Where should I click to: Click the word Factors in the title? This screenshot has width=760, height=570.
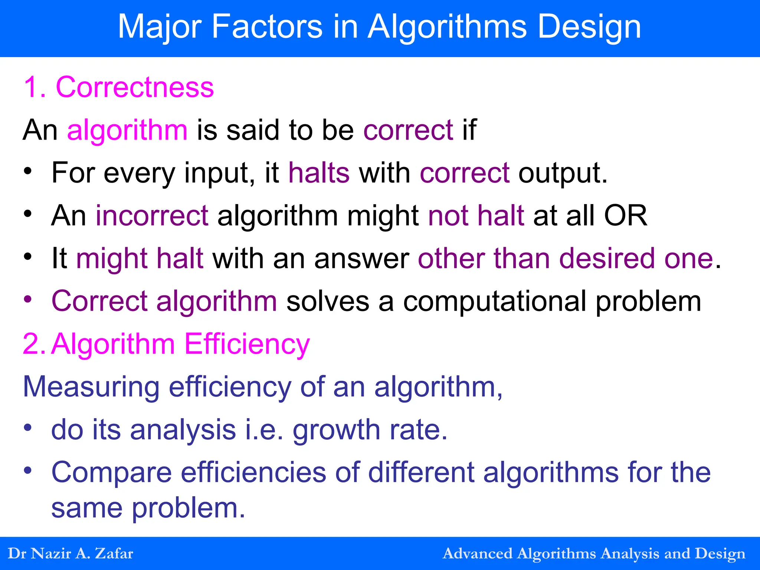click(267, 27)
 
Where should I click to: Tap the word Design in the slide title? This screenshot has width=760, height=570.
click(589, 27)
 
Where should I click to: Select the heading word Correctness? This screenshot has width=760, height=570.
click(135, 87)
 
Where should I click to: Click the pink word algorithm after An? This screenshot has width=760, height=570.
click(127, 130)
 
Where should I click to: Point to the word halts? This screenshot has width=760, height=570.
click(319, 173)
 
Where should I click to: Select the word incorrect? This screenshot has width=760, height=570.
click(152, 216)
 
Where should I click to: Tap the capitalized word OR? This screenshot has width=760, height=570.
click(626, 216)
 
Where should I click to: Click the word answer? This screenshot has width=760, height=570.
click(361, 258)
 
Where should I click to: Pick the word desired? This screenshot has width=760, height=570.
click(607, 258)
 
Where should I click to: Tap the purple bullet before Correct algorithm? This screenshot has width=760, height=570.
click(28, 299)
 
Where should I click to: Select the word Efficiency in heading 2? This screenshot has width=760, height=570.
click(247, 344)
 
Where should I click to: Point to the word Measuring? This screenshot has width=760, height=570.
click(91, 387)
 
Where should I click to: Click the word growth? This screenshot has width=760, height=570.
click(336, 430)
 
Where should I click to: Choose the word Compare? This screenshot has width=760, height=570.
click(111, 472)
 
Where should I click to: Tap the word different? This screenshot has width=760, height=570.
click(421, 472)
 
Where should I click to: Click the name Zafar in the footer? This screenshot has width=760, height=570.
click(114, 553)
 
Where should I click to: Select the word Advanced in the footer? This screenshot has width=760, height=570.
click(477, 553)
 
